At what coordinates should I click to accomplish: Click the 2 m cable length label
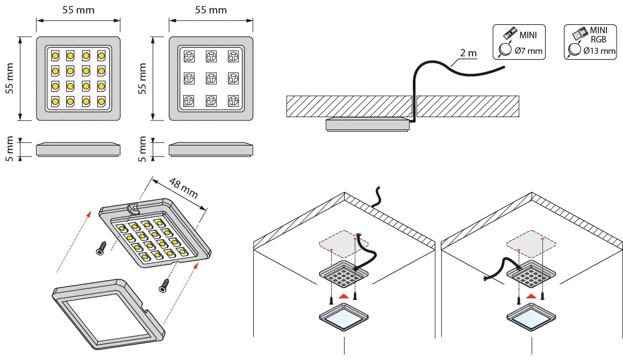[468, 53]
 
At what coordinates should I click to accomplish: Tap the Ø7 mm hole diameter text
[528, 51]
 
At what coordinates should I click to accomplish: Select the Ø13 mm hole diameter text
[599, 51]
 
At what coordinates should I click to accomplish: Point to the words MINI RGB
[598, 34]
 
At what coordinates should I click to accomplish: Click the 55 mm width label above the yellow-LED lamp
[78, 10]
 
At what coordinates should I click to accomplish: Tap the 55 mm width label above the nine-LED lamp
[210, 10]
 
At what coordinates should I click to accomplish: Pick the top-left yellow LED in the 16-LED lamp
[55, 55]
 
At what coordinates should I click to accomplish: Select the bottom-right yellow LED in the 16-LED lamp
[101, 100]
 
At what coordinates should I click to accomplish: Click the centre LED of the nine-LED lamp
[211, 78]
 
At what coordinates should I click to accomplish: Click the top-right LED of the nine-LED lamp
[233, 55]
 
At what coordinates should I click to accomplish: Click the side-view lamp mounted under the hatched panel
[366, 124]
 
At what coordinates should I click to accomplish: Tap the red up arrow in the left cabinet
[344, 296]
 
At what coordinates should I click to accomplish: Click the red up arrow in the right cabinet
[531, 296]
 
